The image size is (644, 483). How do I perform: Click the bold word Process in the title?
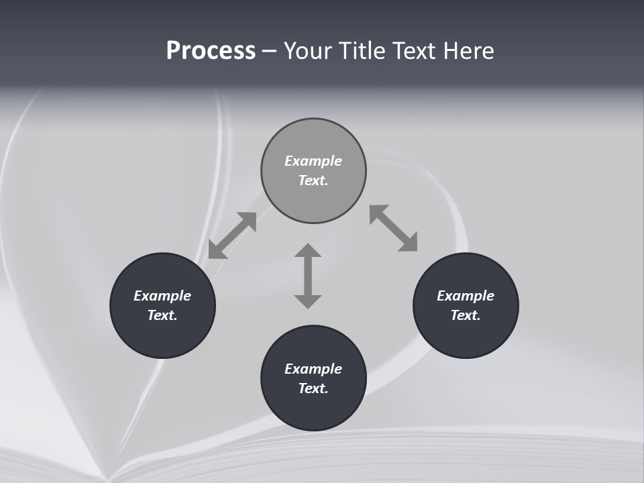(x=211, y=51)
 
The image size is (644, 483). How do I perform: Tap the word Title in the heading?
(x=364, y=51)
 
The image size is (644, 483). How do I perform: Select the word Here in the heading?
(x=469, y=51)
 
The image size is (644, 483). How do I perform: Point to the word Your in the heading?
(x=309, y=51)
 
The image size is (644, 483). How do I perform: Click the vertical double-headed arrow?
(x=308, y=276)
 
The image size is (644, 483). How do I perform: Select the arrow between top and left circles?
(x=232, y=235)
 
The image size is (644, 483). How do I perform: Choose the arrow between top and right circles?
(x=394, y=228)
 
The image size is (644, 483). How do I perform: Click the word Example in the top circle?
(x=313, y=161)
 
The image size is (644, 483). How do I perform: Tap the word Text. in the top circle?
(x=313, y=180)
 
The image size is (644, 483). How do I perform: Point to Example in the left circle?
(x=162, y=296)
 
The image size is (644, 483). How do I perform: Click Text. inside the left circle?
(x=162, y=315)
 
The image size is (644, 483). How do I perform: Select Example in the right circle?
(x=466, y=296)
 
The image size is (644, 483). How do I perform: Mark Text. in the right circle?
(x=466, y=315)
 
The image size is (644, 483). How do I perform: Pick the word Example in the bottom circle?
(x=313, y=369)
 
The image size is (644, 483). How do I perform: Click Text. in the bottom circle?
(x=313, y=388)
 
